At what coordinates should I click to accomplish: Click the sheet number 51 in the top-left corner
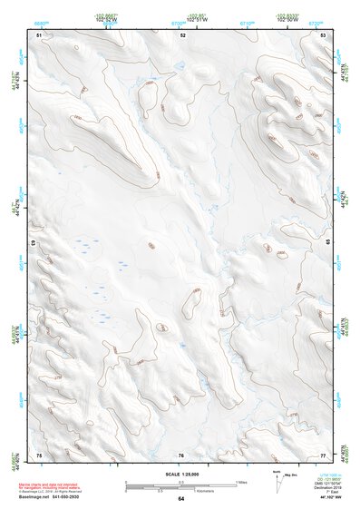[39, 34]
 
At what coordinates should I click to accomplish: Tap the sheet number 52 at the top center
[182, 34]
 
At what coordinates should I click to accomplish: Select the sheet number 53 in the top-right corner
[324, 34]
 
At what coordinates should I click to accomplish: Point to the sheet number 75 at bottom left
[39, 454]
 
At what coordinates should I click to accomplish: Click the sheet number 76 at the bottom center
[181, 455]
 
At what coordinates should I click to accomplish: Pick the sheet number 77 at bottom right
[324, 454]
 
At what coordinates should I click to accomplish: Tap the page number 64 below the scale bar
[181, 498]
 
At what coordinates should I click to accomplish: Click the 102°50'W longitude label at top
[289, 21]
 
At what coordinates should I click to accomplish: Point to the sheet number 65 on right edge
[326, 244]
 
